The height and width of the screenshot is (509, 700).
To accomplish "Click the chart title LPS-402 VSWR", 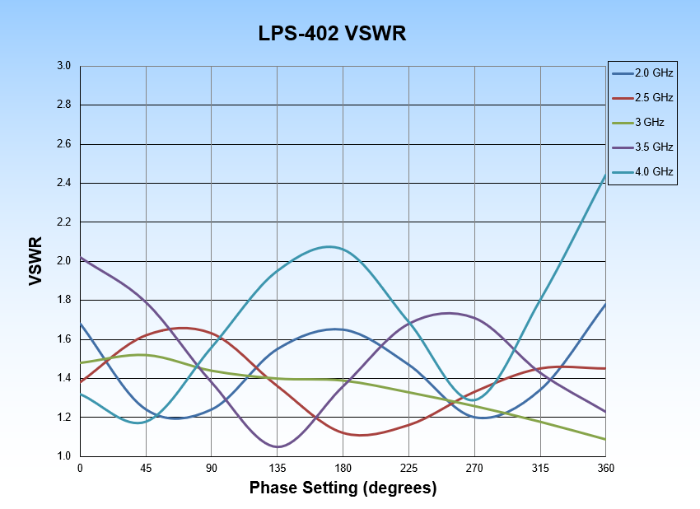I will [x=333, y=34].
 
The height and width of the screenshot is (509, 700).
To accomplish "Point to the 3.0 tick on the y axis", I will [x=64, y=66].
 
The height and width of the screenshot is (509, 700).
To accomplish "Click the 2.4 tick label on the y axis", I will [x=64, y=183].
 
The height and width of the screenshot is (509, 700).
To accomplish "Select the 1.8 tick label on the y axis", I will [x=64, y=300].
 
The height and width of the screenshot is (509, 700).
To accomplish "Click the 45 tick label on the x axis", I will [x=146, y=469].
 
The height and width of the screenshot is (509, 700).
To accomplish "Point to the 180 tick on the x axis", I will [x=343, y=469].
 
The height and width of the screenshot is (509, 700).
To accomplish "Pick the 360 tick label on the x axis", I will [x=606, y=469].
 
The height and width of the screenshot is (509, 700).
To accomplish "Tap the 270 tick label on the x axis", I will [x=474, y=469].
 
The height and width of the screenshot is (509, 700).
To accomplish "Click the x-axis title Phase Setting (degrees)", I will [x=343, y=488].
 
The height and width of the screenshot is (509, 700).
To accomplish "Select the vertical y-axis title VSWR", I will [x=35, y=261].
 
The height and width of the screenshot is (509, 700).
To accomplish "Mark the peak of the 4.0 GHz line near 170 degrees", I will [x=329, y=246].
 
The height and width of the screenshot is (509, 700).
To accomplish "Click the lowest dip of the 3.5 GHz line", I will [x=278, y=446].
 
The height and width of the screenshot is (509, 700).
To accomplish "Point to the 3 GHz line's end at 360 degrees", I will [x=606, y=439].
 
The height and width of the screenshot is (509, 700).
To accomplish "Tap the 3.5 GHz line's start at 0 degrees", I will [x=81, y=258].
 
